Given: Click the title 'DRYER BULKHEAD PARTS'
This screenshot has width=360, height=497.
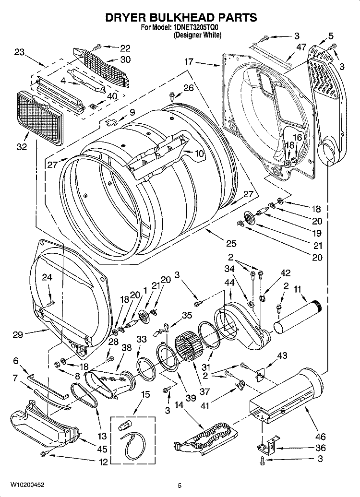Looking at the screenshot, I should (180, 17).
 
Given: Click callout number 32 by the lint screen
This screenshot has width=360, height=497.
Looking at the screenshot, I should (22, 147).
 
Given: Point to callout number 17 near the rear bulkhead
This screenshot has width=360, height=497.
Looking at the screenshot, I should (189, 61).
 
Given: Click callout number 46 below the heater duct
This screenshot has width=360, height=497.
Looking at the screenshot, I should (320, 437).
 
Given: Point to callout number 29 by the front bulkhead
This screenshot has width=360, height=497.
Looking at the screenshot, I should (17, 335).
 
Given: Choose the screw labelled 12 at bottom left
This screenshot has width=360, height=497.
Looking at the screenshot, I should (44, 453).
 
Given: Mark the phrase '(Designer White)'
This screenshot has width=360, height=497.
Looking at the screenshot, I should (197, 35).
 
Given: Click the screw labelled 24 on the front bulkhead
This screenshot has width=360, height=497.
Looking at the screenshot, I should (52, 302).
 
